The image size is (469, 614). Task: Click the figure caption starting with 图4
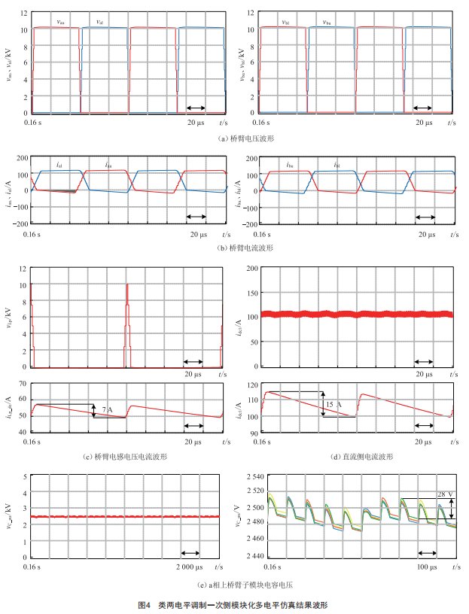(233, 604)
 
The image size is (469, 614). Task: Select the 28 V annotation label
(443, 494)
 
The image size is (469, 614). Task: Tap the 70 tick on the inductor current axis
(22, 383)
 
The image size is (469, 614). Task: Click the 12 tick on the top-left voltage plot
(24, 13)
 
